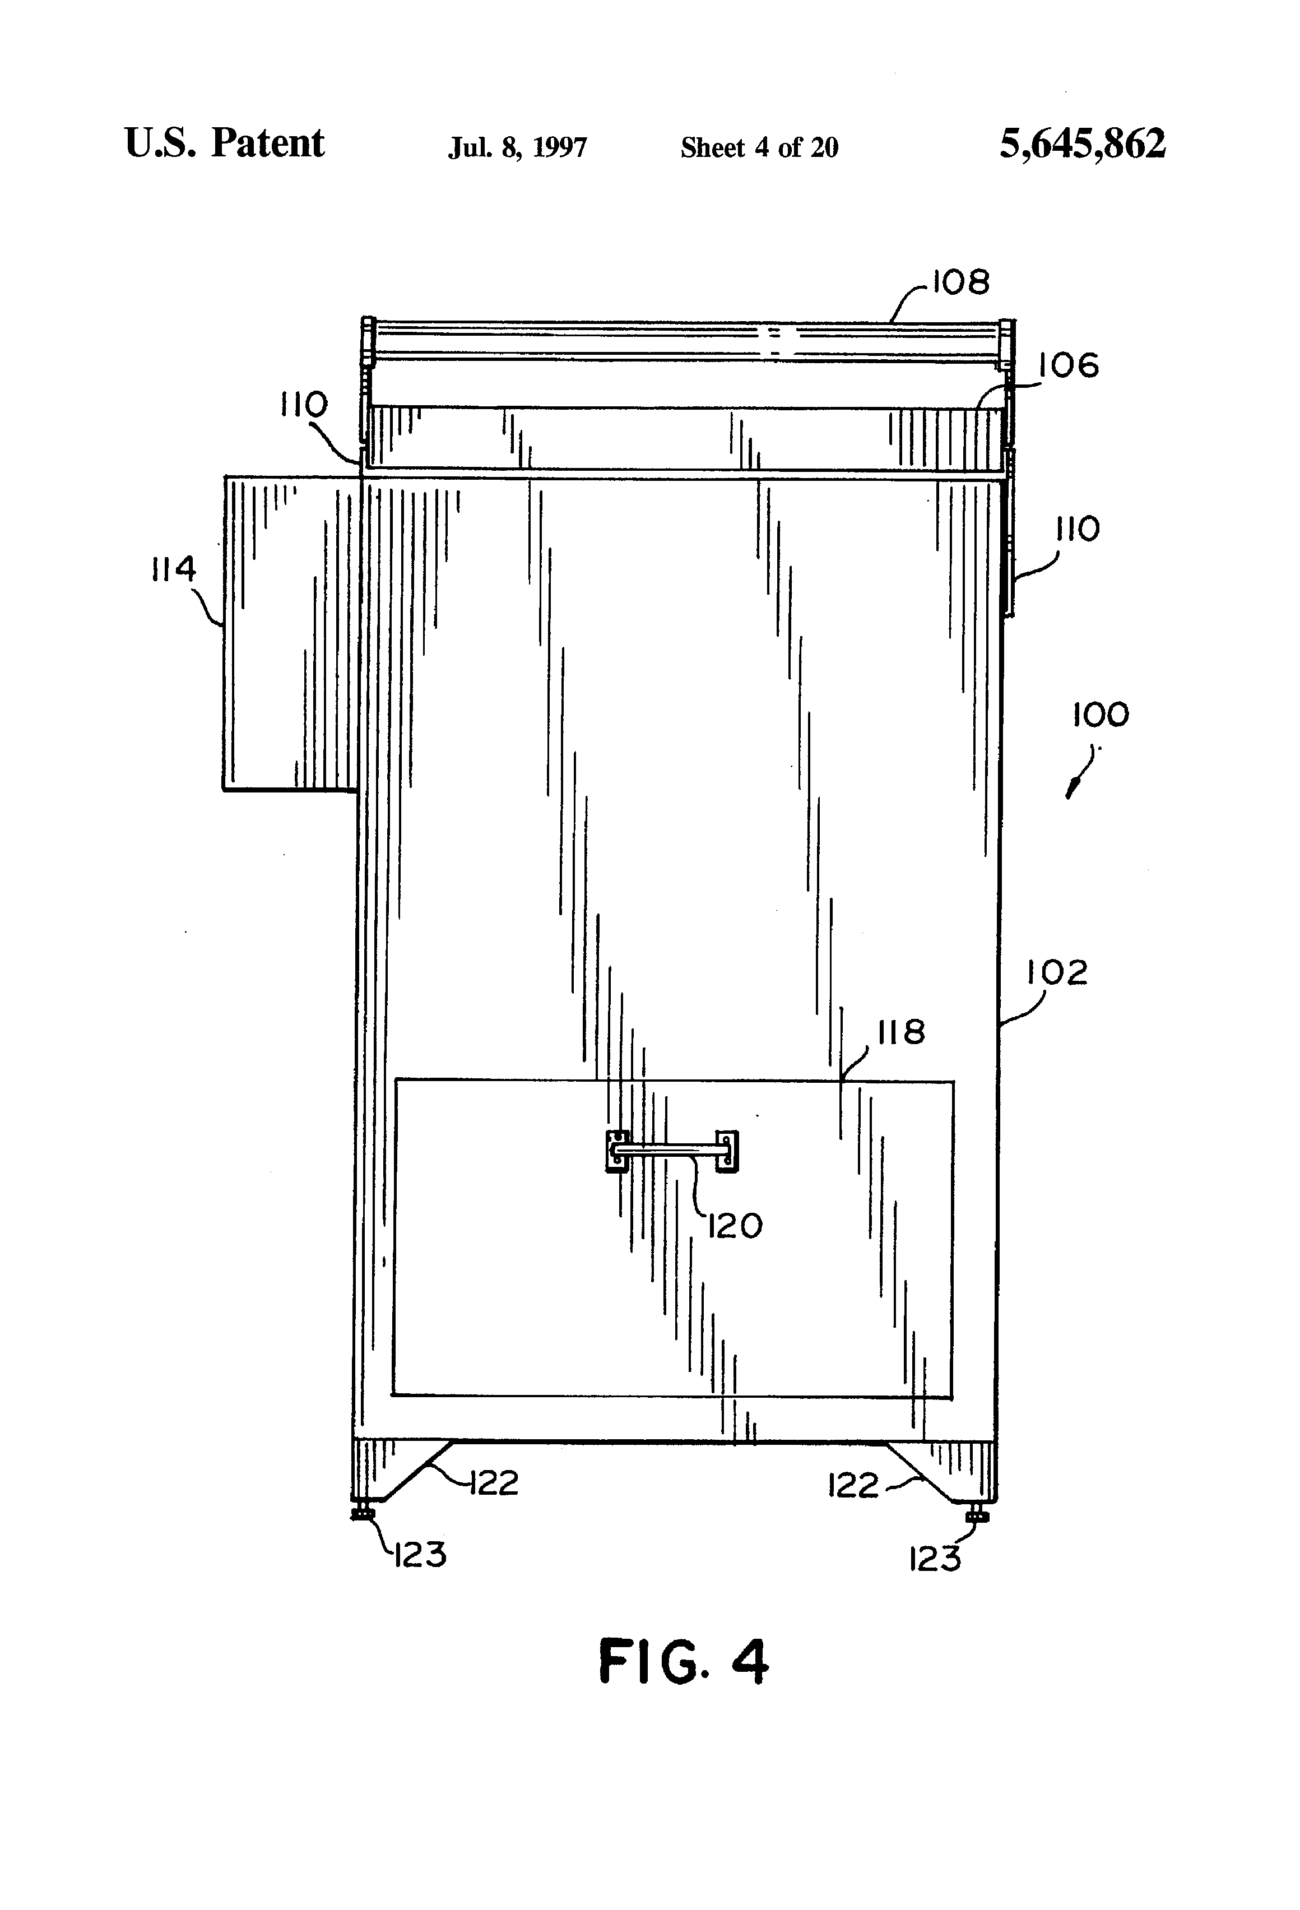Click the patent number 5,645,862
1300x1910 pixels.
pyautogui.click(x=1081, y=145)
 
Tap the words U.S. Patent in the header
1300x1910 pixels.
pyautogui.click(x=224, y=145)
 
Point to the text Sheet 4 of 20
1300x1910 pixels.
pyautogui.click(x=759, y=148)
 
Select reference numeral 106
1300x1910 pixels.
pyautogui.click(x=1068, y=366)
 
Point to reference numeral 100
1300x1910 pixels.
pyautogui.click(x=1101, y=715)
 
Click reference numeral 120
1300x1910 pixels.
pyautogui.click(x=735, y=1227)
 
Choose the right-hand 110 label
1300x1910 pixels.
pyautogui.click(x=1076, y=529)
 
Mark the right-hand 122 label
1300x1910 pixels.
pyautogui.click(x=853, y=1486)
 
